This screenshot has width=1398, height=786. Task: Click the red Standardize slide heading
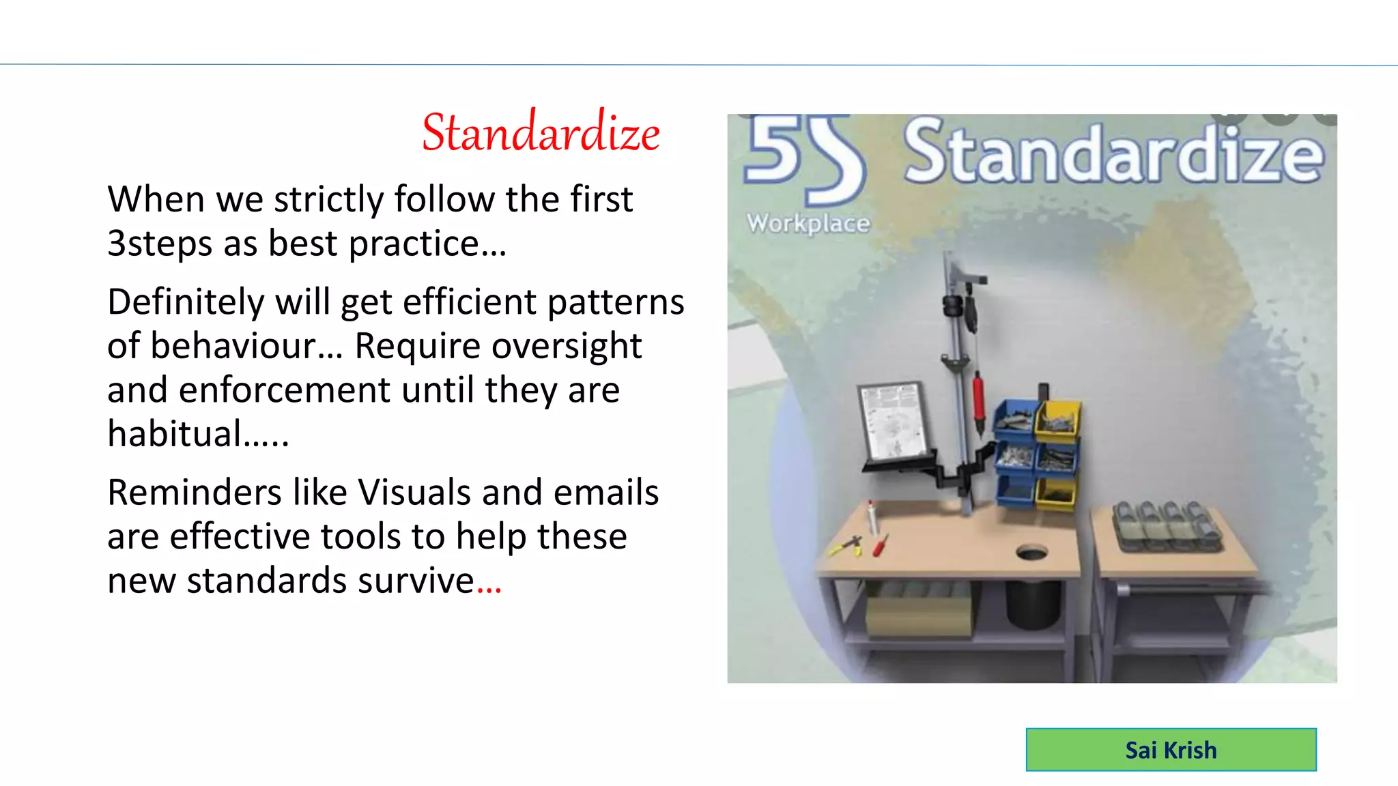coord(541,132)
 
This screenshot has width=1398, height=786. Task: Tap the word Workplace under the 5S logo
coord(808,223)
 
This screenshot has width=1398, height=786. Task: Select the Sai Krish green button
coord(1171,750)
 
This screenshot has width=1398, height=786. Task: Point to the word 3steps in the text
coord(160,244)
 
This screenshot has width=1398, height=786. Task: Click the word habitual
coord(175,434)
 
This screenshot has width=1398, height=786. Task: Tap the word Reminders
coord(195,493)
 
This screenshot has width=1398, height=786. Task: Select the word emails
coord(605,493)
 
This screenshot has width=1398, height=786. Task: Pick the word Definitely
coord(186,302)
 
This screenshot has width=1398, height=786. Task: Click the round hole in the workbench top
coord(1031,552)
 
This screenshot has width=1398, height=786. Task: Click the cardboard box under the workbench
coord(917,614)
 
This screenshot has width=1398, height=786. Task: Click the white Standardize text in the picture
coord(1113,154)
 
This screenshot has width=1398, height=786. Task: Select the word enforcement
coord(285,390)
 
